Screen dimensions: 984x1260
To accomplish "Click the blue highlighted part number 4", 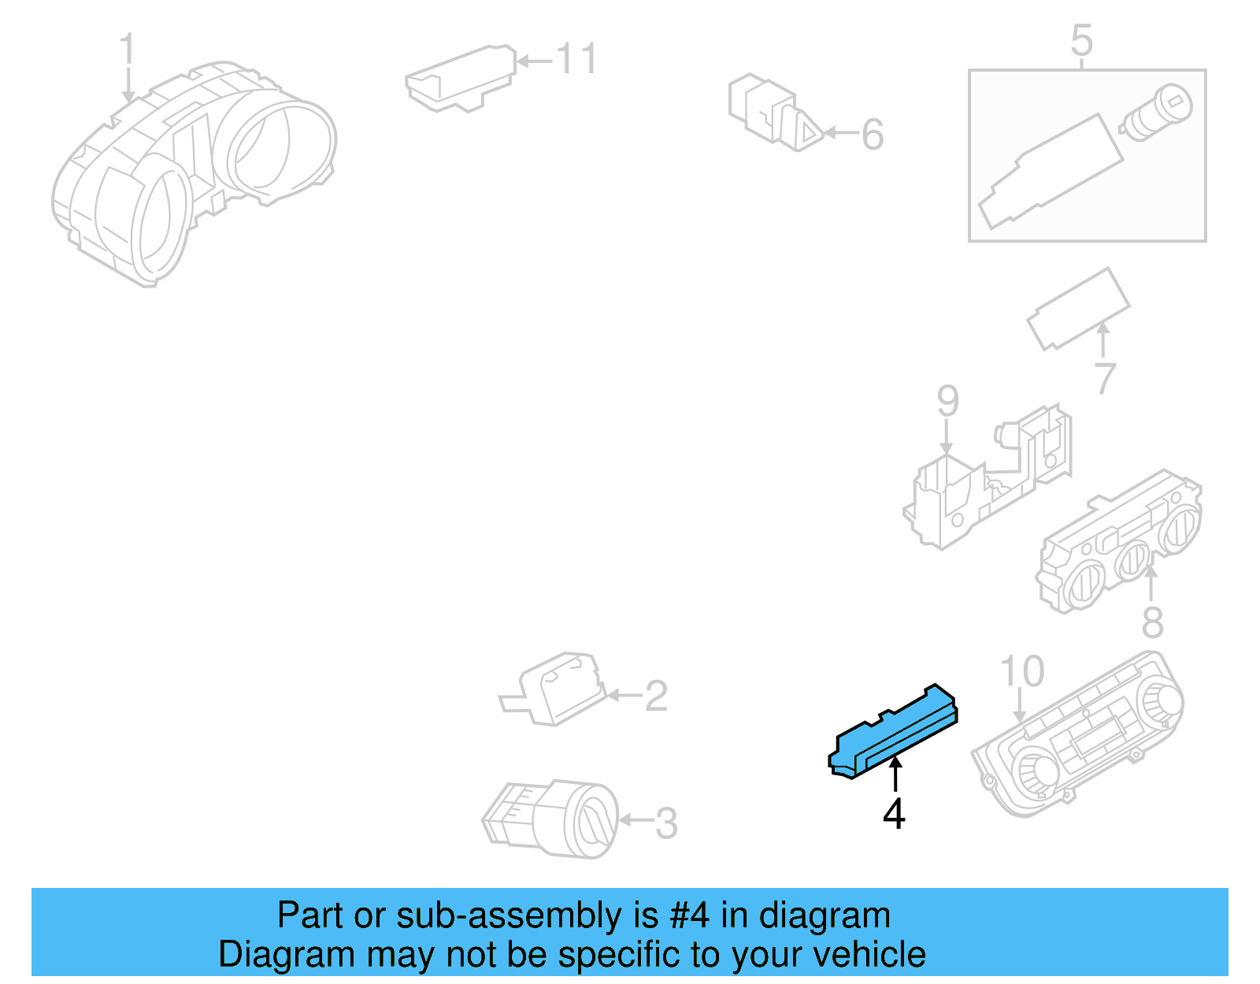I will coord(892,733).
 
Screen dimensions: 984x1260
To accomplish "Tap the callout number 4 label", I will coord(894,815).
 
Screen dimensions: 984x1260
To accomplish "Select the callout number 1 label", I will coord(128,52).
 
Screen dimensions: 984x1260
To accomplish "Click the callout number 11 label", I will coord(577,60).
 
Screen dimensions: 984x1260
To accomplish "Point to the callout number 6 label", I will coord(873,135).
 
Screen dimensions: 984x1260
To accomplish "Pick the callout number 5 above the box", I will coord(1082,40).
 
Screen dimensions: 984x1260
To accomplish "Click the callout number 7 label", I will coord(1106,378).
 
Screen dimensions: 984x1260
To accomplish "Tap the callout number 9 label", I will coord(947,402).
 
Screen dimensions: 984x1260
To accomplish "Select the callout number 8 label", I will coord(1152,623).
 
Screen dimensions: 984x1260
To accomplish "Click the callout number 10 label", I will coord(1022,672).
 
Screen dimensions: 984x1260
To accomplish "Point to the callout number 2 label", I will coord(656,696).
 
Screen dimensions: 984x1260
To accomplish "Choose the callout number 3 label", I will coord(666,824).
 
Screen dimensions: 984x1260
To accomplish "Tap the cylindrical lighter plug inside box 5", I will coord(1156,113).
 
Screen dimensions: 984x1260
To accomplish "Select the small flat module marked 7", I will coord(1078,308).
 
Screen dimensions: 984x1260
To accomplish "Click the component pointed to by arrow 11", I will coord(460,78).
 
